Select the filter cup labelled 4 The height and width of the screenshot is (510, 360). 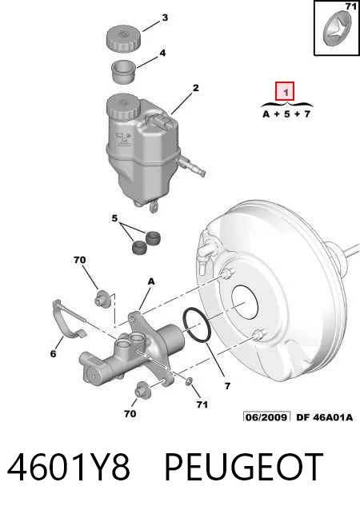(124, 72)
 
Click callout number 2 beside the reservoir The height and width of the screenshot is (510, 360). (195, 88)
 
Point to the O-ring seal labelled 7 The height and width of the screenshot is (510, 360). (197, 325)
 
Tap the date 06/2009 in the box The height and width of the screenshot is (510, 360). (266, 417)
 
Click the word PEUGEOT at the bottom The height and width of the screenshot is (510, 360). (244, 468)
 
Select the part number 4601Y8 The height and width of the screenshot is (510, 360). (68, 468)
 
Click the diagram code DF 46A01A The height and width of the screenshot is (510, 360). (325, 417)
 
